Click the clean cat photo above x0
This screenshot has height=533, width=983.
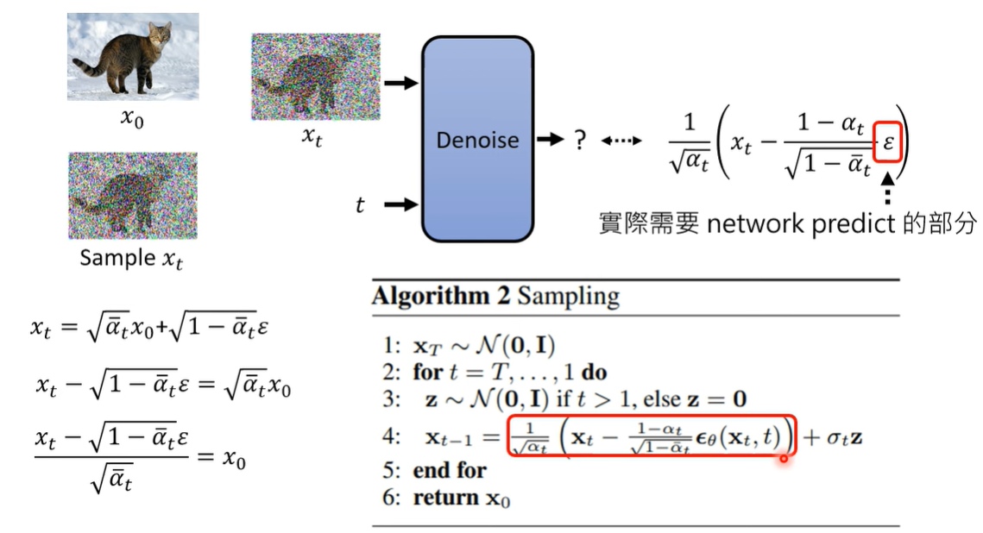coord(133,56)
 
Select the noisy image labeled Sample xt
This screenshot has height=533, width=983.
coord(133,196)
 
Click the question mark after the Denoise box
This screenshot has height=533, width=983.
coord(581,140)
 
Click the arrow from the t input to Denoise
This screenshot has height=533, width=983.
coord(400,204)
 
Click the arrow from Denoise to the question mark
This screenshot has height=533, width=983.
coord(550,140)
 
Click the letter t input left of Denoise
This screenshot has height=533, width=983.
coord(360,205)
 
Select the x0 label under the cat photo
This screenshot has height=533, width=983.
coord(132,119)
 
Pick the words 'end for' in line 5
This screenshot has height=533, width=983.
coord(450,470)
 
